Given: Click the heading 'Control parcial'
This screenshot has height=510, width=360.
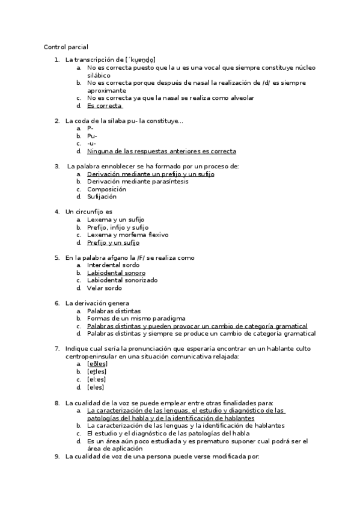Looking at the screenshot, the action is coord(66,47).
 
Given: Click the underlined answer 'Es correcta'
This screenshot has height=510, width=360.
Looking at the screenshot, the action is coord(104,106).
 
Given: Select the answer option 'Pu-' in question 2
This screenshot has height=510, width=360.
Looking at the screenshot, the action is coord(92,136).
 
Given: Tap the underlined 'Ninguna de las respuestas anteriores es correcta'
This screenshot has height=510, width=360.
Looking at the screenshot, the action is coord(161,152).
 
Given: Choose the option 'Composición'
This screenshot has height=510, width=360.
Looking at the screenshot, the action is coord(106,189).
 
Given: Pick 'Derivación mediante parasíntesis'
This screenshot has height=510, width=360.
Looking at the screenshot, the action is coord(137,182).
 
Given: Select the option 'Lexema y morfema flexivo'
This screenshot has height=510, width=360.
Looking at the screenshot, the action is coord(127,235).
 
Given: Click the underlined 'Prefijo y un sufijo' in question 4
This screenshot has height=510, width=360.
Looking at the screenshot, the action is coord(113,243).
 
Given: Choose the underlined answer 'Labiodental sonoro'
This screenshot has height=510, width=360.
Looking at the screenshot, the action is coord(116,273).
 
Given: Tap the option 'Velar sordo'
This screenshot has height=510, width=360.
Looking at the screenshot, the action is coord(104,288).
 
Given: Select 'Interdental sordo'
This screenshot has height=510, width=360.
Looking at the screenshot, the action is coord(113,265).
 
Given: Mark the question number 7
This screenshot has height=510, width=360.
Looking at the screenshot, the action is coord(56,349).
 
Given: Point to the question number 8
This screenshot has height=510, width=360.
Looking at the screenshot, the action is coord(56,402).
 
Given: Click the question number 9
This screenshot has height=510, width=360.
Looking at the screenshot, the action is coord(56,456).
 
